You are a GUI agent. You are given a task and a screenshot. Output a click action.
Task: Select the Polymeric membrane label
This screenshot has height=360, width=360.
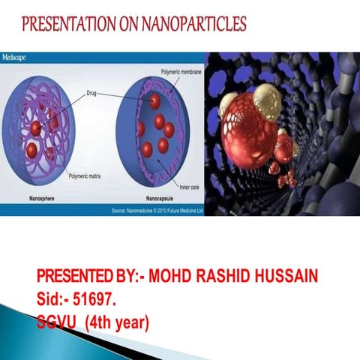180,72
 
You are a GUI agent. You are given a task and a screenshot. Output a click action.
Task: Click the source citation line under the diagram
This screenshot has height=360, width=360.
156,211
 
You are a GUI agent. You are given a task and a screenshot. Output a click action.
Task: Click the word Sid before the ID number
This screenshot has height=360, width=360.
49,300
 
